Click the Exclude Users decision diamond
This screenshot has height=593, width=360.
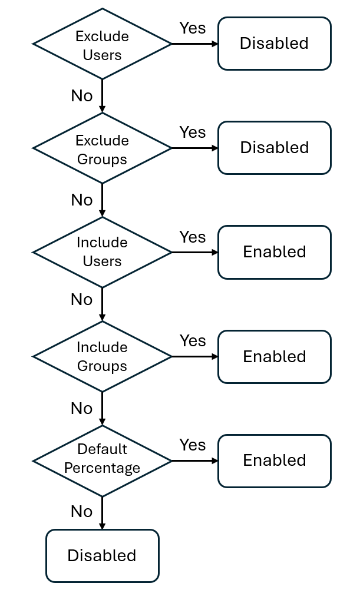(x=102, y=44)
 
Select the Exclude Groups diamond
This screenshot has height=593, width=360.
(x=102, y=148)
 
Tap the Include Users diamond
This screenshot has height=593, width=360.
(x=102, y=252)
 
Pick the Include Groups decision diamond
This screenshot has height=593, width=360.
(x=102, y=356)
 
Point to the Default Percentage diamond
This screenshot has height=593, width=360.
(x=102, y=460)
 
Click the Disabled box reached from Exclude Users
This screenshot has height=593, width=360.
(x=274, y=44)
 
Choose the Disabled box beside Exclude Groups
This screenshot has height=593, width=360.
(x=274, y=148)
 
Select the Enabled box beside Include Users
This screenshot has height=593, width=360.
(x=274, y=252)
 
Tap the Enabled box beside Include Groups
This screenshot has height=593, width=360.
(x=274, y=356)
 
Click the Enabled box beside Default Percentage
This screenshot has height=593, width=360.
(x=274, y=461)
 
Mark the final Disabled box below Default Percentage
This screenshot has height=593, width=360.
(x=102, y=555)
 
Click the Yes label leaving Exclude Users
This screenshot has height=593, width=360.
(x=192, y=28)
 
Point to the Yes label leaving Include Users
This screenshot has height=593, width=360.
(x=192, y=237)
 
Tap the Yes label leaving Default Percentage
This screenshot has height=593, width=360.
(x=192, y=445)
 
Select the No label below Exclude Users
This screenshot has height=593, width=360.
(x=81, y=95)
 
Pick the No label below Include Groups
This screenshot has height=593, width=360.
(x=81, y=408)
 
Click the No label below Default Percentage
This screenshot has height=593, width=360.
(x=81, y=511)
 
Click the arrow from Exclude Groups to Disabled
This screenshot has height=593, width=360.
(x=194, y=148)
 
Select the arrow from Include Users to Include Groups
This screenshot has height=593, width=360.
(x=102, y=304)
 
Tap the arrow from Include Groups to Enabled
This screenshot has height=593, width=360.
(x=194, y=356)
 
